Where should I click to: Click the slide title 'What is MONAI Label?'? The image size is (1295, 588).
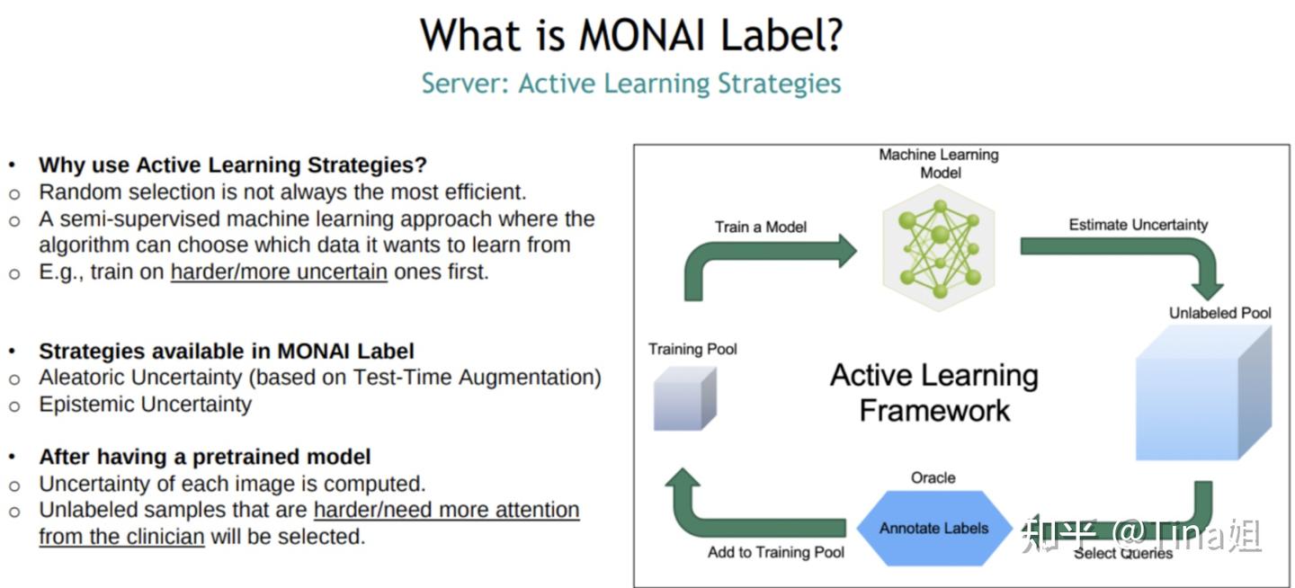pos(631,35)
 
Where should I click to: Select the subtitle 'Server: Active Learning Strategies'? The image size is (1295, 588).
pos(631,84)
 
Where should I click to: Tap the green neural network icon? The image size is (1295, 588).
pos(940,249)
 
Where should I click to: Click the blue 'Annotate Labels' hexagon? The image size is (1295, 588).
pos(933,528)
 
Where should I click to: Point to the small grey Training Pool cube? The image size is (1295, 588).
pos(685,399)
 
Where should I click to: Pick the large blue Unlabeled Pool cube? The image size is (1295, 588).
pos(1203,393)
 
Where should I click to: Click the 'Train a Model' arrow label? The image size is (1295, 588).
pos(760,227)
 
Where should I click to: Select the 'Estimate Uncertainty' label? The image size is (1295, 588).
pos(1138,225)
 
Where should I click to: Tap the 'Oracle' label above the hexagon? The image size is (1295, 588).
pos(933,477)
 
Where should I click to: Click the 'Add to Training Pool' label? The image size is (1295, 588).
pos(776,552)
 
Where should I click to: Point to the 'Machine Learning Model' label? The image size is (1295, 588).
pos(940,164)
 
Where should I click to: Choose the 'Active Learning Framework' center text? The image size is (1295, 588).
pos(934,393)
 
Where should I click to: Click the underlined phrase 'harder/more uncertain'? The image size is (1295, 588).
pos(279,272)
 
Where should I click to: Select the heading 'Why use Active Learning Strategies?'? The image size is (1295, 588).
pos(232,165)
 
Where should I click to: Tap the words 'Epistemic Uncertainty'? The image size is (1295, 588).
pos(145,405)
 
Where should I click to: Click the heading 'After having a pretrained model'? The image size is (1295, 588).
pos(205,457)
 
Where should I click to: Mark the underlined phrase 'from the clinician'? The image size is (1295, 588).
pos(121,537)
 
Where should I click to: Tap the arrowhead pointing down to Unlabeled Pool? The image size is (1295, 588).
pos(1207,290)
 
